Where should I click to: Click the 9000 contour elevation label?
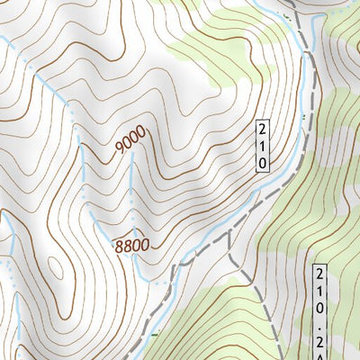coord(131,143)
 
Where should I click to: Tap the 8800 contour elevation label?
coord(130,244)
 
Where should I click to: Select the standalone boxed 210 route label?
coord(262,144)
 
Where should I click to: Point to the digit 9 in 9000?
coord(120,154)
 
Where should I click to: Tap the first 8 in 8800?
coord(117,245)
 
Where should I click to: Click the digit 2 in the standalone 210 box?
coord(262,128)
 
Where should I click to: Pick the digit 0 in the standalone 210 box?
coord(262,162)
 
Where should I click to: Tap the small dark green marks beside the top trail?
coord(290,14)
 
